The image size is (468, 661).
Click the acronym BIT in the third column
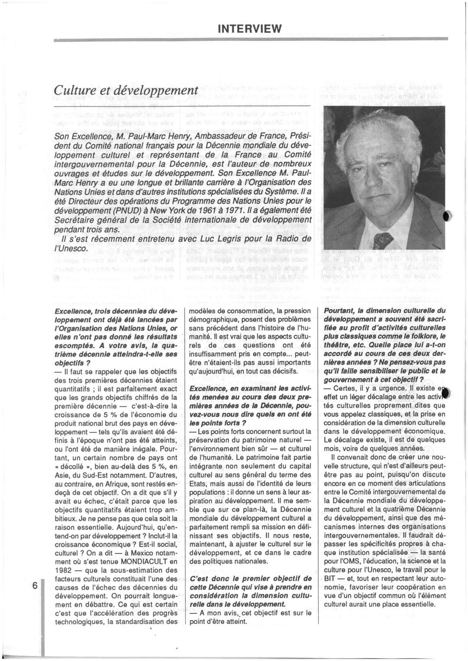coord(330,578)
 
